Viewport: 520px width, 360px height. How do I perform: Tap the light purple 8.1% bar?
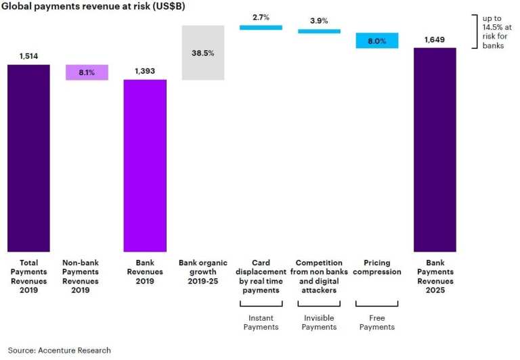87,72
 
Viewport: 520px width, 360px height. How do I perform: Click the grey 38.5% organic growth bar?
203,53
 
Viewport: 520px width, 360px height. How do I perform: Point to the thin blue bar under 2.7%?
261,27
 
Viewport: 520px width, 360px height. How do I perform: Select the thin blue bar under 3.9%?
319,31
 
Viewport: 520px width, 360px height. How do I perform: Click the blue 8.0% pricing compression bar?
376,41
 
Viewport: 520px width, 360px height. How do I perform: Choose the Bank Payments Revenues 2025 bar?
435,149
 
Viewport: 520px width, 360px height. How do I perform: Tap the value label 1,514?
28,56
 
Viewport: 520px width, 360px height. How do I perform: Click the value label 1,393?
145,71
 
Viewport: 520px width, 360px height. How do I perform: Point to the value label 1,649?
435,40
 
